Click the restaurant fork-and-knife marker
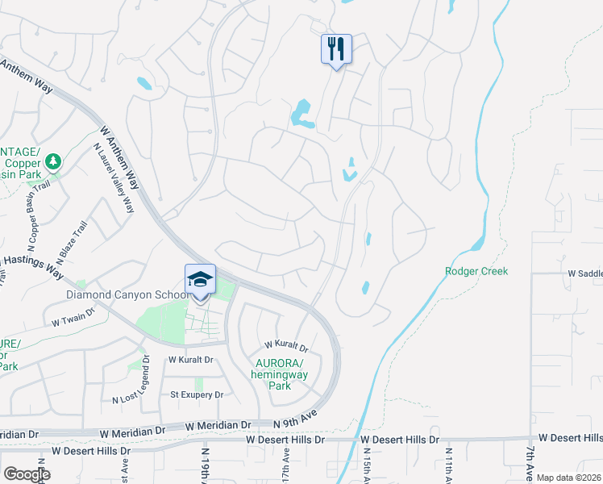335,49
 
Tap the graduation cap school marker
200,280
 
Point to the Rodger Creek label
476,272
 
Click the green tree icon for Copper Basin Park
53,162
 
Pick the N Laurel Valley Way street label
114,177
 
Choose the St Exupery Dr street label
196,394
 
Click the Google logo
27,474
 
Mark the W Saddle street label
584,274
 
